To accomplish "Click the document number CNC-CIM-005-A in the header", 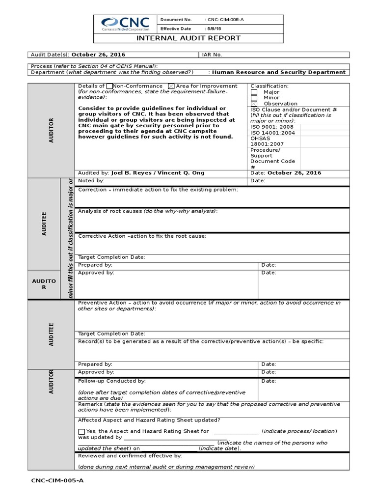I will click(x=224, y=20).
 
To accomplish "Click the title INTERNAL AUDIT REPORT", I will click(x=188, y=38).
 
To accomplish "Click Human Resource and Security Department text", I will click(x=278, y=72).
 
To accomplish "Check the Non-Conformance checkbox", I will click(x=109, y=86).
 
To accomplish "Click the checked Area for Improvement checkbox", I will click(x=171, y=86).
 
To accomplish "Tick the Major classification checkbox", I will click(x=254, y=92).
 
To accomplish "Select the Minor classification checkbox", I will click(x=254, y=98).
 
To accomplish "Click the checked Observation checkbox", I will click(x=254, y=104).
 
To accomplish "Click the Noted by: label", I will click(x=91, y=181).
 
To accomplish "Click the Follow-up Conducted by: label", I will click(x=112, y=381).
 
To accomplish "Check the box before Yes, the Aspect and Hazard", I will click(x=81, y=431).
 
